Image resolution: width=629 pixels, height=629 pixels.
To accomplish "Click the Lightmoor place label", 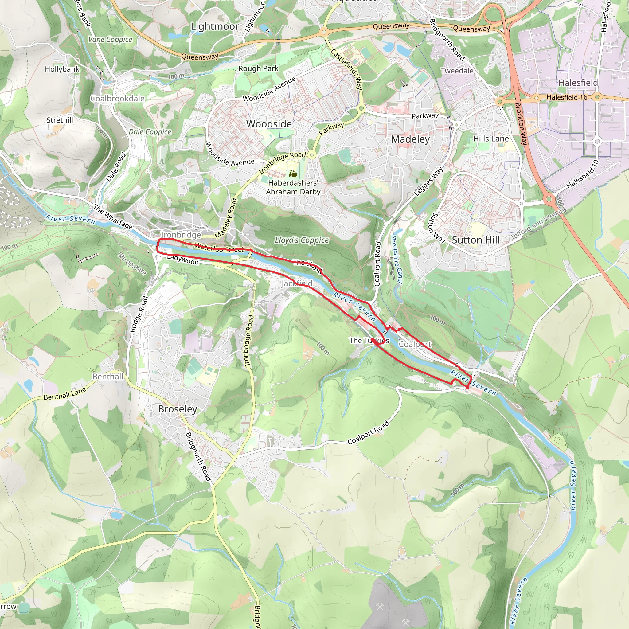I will (x=215, y=26).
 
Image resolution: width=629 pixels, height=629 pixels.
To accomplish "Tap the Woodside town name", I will (x=269, y=124).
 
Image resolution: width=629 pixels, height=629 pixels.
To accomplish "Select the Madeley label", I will (x=410, y=139).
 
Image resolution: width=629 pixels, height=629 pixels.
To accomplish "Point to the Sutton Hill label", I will (x=475, y=240).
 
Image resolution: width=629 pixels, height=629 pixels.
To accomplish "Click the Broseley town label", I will (x=178, y=409).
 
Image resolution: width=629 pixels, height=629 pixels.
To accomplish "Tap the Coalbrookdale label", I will (x=117, y=99).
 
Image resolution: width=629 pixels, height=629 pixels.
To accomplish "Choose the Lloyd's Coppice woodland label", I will (x=302, y=240).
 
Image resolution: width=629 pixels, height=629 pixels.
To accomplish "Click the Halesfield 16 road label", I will (x=567, y=97).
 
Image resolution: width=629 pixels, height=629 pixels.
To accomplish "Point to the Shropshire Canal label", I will (x=397, y=259).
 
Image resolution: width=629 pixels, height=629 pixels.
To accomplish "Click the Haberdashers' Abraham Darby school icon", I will (x=293, y=174).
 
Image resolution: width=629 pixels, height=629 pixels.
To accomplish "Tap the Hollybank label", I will (x=62, y=69).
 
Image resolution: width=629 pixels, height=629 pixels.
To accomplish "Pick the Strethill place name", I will (x=60, y=120).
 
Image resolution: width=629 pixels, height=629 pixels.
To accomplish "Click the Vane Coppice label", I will (x=110, y=40).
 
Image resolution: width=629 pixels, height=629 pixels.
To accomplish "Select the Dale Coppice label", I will (x=150, y=132).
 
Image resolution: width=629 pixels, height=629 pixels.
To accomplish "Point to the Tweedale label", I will (x=457, y=71).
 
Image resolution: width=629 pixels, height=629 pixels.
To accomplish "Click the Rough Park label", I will (x=259, y=69).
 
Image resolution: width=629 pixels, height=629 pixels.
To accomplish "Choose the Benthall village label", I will (x=108, y=377).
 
